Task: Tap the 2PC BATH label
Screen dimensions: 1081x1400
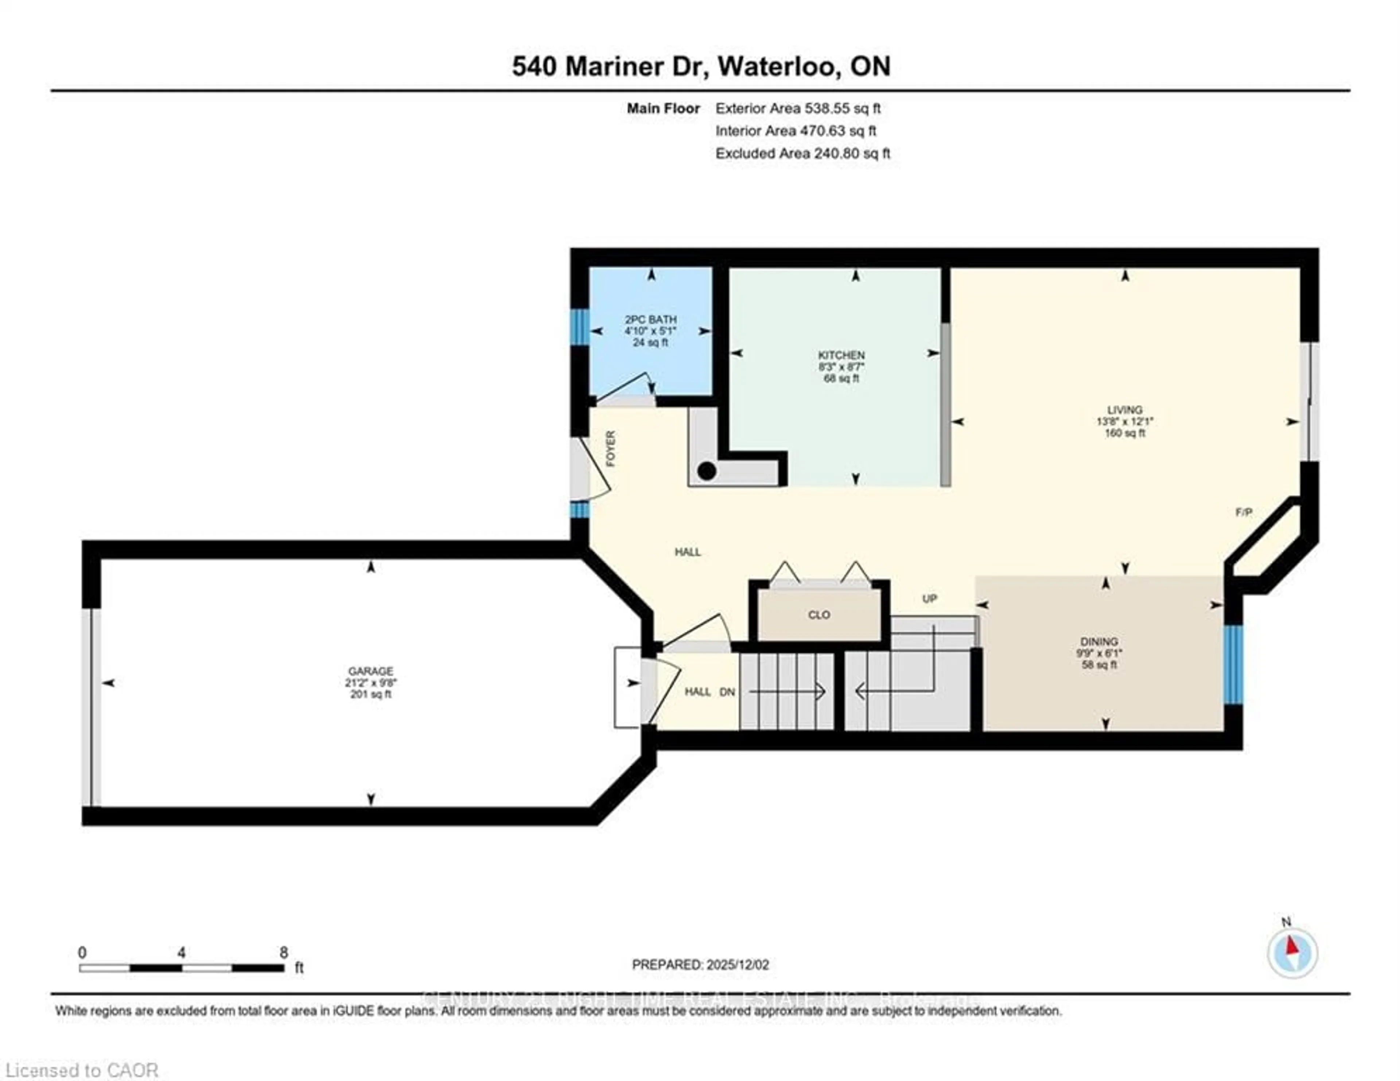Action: (651, 319)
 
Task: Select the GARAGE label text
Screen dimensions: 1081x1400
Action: (370, 671)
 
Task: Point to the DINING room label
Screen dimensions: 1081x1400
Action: (1099, 642)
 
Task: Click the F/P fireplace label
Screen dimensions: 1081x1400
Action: (1244, 512)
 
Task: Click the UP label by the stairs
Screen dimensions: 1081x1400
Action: (929, 599)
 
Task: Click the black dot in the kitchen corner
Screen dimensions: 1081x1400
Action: (707, 471)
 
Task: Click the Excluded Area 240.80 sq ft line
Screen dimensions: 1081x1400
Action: (802, 153)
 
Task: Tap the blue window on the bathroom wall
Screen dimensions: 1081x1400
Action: (579, 328)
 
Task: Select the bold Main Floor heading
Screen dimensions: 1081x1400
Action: (663, 108)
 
